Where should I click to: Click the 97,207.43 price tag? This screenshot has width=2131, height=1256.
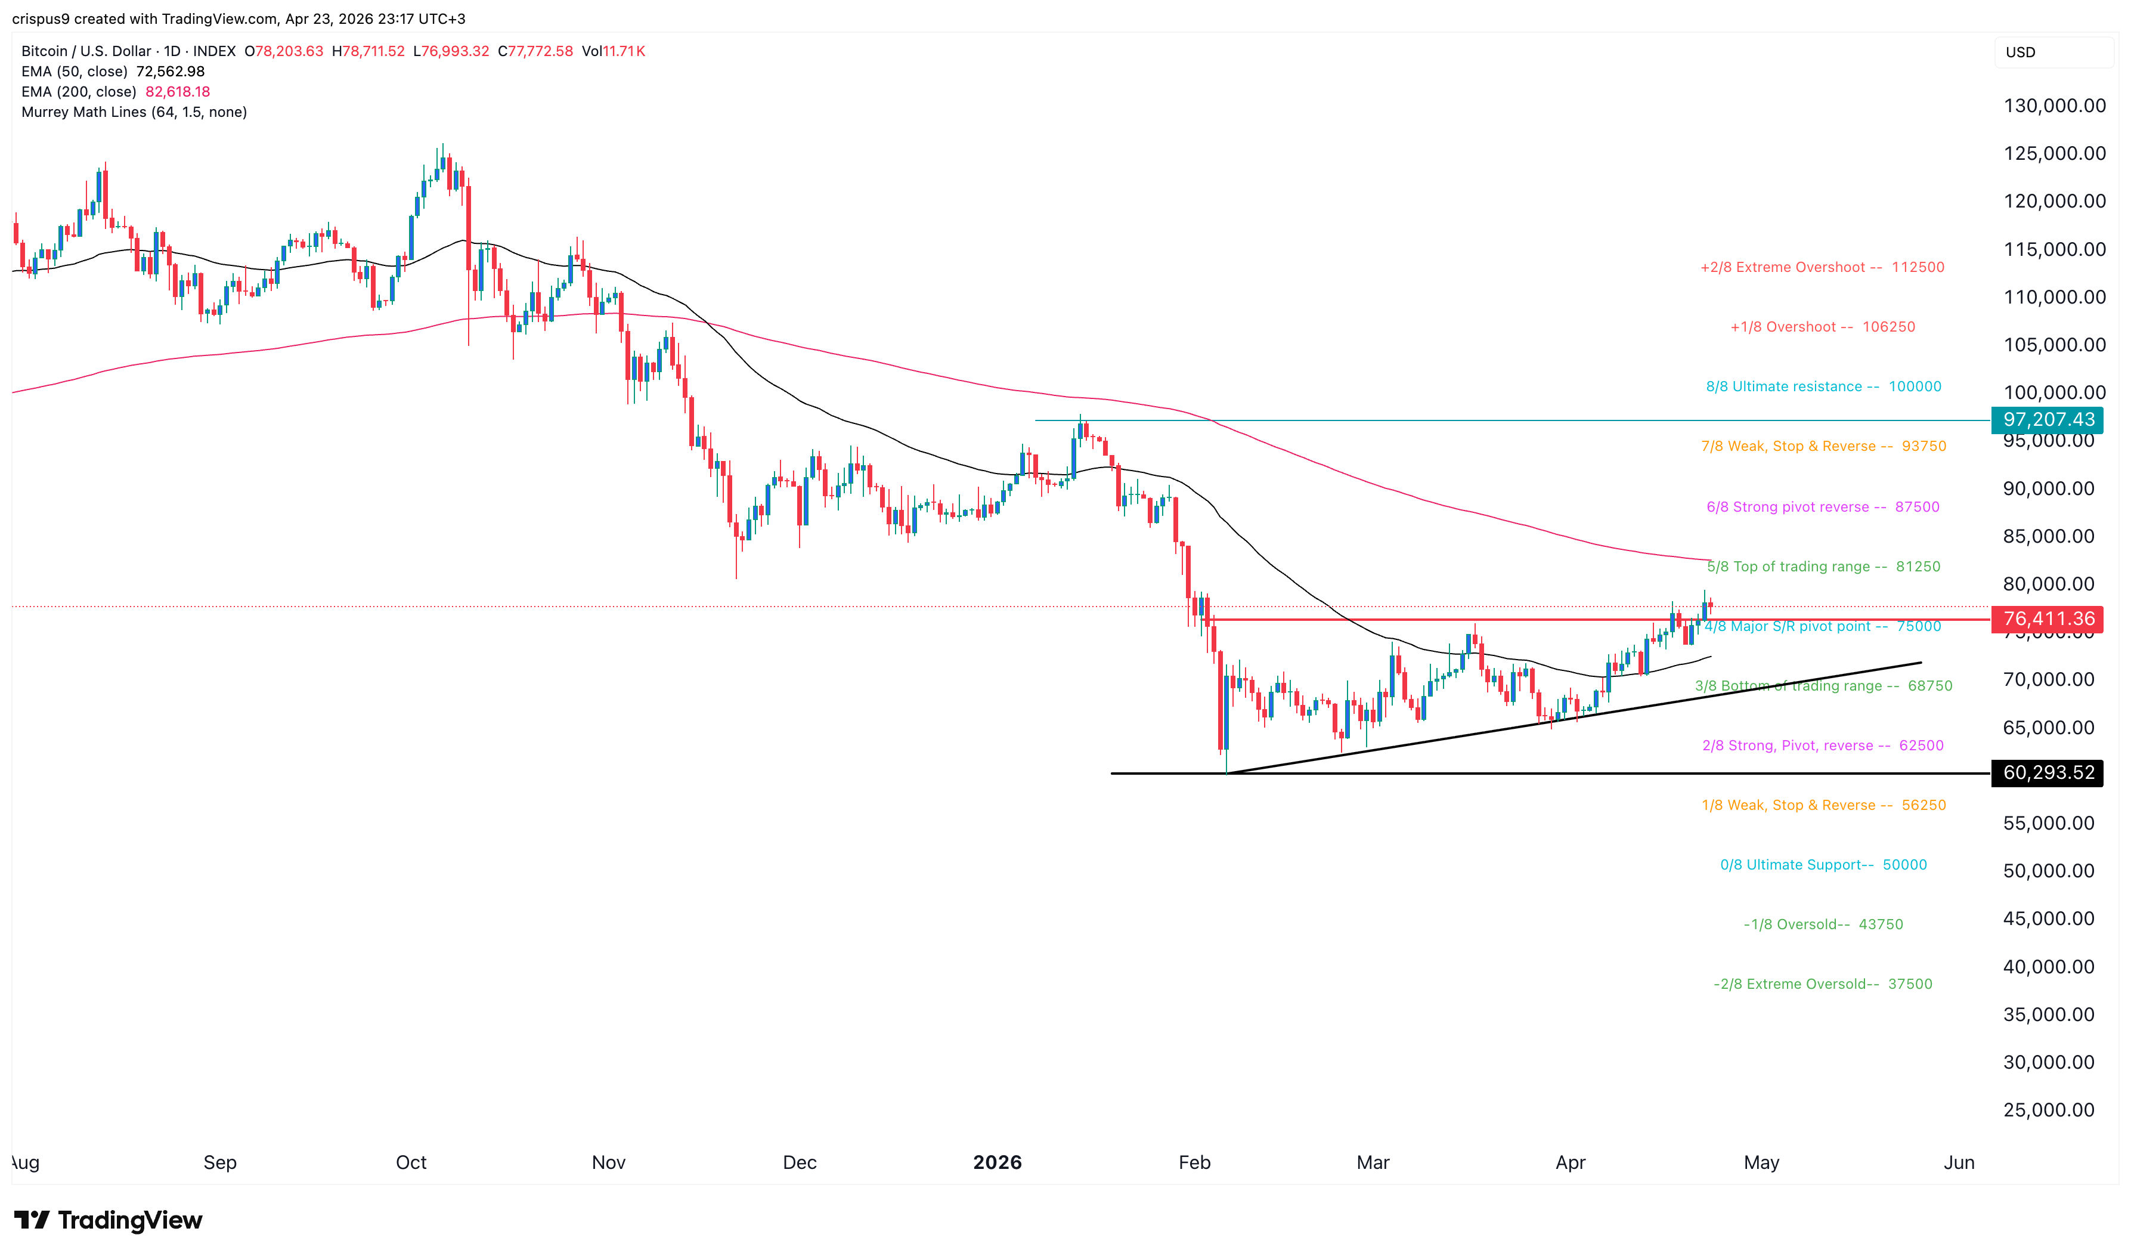(2048, 420)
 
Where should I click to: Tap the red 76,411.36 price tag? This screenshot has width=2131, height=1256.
(2048, 618)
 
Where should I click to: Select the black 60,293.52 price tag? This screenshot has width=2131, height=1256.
(2048, 773)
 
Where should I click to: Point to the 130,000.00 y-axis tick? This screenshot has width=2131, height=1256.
(2054, 106)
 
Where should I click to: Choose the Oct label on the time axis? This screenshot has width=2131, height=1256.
(411, 1162)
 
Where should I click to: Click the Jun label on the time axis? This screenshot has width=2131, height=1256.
(1959, 1162)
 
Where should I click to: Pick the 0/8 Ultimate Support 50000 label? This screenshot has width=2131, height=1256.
(1823, 865)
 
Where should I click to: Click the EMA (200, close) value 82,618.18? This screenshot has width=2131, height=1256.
(178, 91)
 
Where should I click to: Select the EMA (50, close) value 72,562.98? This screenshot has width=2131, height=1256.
(170, 71)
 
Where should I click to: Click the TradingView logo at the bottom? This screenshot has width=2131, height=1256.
(109, 1220)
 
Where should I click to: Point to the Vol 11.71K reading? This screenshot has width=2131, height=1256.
(614, 51)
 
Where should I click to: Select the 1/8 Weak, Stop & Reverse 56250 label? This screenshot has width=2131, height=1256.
(1823, 806)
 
